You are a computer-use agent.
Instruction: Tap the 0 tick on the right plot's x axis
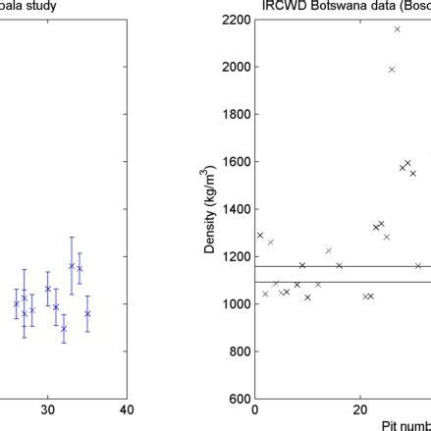tap(255, 410)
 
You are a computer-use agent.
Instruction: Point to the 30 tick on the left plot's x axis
tap(47, 410)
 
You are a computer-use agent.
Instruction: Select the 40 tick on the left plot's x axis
tap(126, 410)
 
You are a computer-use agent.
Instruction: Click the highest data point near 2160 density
tap(397, 29)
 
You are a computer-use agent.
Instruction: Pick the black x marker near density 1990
tap(392, 70)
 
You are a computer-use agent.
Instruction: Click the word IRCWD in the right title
tap(283, 6)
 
